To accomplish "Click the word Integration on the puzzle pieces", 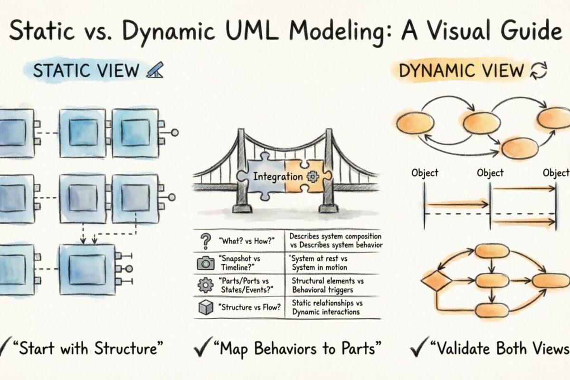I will tap(278, 177).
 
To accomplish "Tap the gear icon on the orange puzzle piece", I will tap(313, 177).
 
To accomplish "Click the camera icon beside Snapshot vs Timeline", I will tap(206, 263).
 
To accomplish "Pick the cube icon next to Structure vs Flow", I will tap(206, 308).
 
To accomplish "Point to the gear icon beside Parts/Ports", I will tap(206, 285).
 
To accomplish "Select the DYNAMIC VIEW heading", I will tap(460, 71).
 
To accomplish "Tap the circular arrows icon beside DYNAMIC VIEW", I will tap(539, 71).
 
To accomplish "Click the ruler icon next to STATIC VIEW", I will tap(154, 70).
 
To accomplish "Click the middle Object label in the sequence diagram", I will tap(490, 173).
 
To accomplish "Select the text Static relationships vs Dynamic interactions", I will tap(326, 307).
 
